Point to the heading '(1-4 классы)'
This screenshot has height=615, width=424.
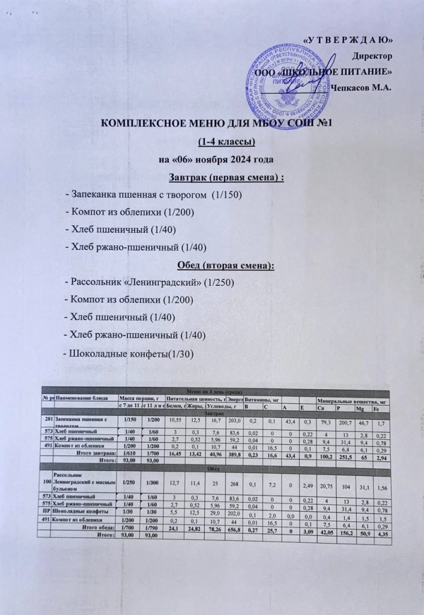(227, 142)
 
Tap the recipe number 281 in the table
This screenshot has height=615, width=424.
(48, 418)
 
